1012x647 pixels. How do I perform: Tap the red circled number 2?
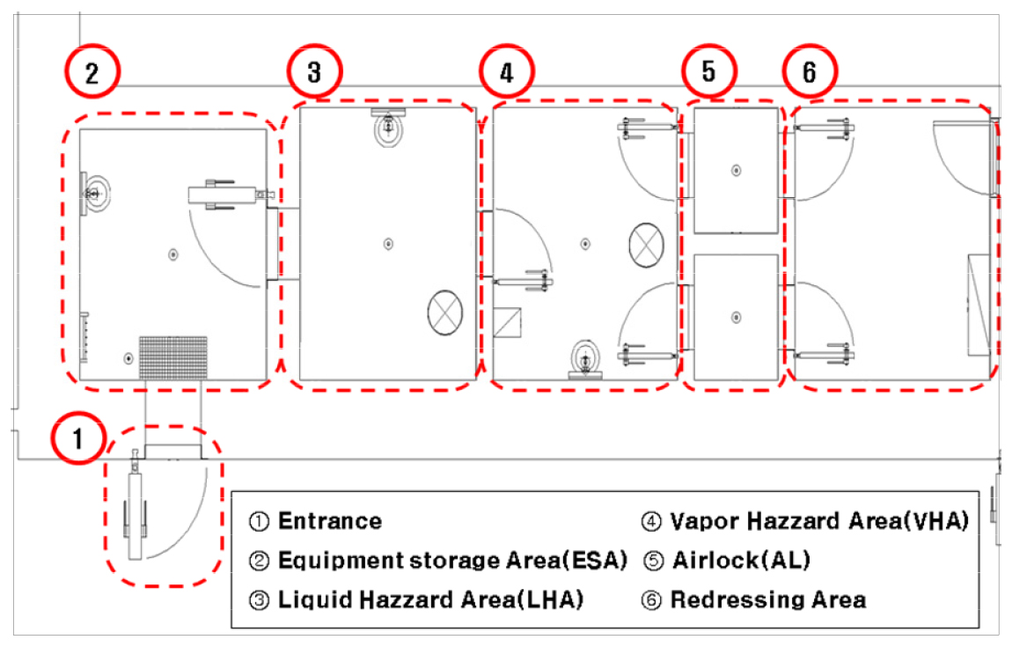pyautogui.click(x=92, y=73)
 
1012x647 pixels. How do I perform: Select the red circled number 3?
pyautogui.click(x=313, y=73)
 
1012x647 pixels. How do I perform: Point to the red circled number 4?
pyautogui.click(x=505, y=73)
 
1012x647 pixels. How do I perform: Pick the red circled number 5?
pyautogui.click(x=709, y=73)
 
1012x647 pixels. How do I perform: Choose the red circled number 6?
pyautogui.click(x=810, y=73)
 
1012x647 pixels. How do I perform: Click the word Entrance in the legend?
pyautogui.click(x=330, y=521)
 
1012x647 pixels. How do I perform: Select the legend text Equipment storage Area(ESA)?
pyautogui.click(x=452, y=561)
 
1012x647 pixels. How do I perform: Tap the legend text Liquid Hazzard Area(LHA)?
pyautogui.click(x=430, y=600)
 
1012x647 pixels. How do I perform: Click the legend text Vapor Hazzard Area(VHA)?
pyautogui.click(x=818, y=521)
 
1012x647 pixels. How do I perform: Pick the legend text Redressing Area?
pyautogui.click(x=767, y=600)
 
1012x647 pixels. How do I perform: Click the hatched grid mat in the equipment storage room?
pyautogui.click(x=174, y=357)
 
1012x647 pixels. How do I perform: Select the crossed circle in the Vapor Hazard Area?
pyautogui.click(x=647, y=243)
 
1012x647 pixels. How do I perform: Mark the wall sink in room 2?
pyautogui.click(x=93, y=191)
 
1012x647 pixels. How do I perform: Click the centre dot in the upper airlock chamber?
pyautogui.click(x=737, y=171)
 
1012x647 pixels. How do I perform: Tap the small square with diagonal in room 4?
pyautogui.click(x=508, y=325)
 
